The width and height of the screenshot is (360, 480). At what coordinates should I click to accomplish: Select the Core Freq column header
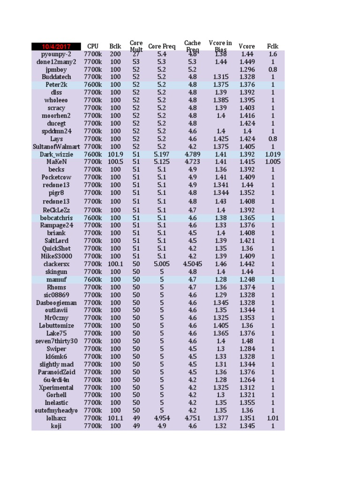[x=162, y=46]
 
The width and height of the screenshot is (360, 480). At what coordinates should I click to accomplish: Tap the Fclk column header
[x=272, y=46]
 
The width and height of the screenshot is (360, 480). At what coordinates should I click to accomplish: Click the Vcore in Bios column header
[x=220, y=46]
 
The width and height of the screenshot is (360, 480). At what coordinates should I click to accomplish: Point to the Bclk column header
[x=115, y=46]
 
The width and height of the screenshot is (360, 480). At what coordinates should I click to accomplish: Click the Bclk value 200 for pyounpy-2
[x=115, y=54]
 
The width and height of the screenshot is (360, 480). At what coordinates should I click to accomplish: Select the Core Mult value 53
[x=136, y=61]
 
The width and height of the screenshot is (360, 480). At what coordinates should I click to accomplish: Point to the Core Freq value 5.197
[x=162, y=154]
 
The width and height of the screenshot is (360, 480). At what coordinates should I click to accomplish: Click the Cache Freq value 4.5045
[x=193, y=264]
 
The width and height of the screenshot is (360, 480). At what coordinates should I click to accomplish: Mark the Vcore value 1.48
[x=247, y=341]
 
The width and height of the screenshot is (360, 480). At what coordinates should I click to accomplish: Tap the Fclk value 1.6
[x=272, y=54]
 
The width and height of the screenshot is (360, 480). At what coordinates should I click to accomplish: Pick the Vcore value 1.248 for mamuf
[x=247, y=279]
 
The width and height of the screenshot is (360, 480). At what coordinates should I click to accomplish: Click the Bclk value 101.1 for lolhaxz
[x=115, y=418]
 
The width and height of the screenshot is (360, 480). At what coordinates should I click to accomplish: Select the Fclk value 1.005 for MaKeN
[x=272, y=162]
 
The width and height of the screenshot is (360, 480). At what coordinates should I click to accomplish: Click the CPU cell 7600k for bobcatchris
[x=93, y=218]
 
